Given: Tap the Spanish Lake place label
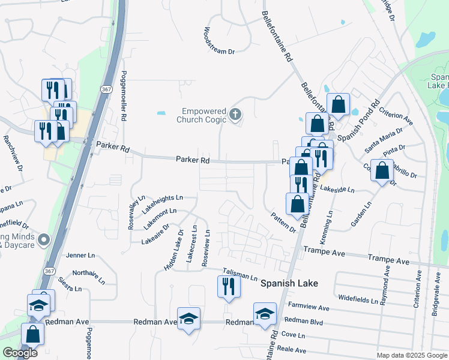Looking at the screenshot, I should tap(289, 283).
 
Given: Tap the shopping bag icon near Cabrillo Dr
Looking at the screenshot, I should tap(382, 171).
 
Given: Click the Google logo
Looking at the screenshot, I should tap(20, 353).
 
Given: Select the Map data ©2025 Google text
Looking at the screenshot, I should tap(411, 355).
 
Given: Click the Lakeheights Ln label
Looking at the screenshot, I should tap(163, 203).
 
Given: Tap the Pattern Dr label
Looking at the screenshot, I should tap(283, 222).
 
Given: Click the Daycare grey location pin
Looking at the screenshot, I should tap(43, 241).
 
